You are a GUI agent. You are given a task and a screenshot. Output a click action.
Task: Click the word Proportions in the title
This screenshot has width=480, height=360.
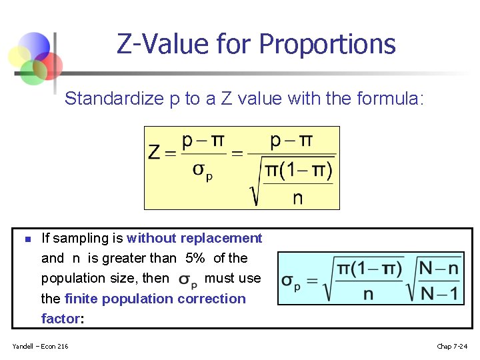[327, 45]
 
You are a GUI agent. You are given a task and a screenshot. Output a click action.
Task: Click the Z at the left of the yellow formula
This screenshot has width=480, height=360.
[155, 153]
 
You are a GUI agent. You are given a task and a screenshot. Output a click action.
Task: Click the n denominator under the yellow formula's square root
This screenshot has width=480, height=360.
[297, 197]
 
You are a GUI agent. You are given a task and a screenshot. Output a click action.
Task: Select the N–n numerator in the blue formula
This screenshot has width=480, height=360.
[439, 268]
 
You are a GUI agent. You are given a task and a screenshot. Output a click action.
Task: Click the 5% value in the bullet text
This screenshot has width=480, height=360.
[195, 258]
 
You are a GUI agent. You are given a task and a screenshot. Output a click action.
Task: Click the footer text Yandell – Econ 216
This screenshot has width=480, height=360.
[40, 346]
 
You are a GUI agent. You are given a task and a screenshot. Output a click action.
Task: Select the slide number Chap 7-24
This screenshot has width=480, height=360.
[452, 346]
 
